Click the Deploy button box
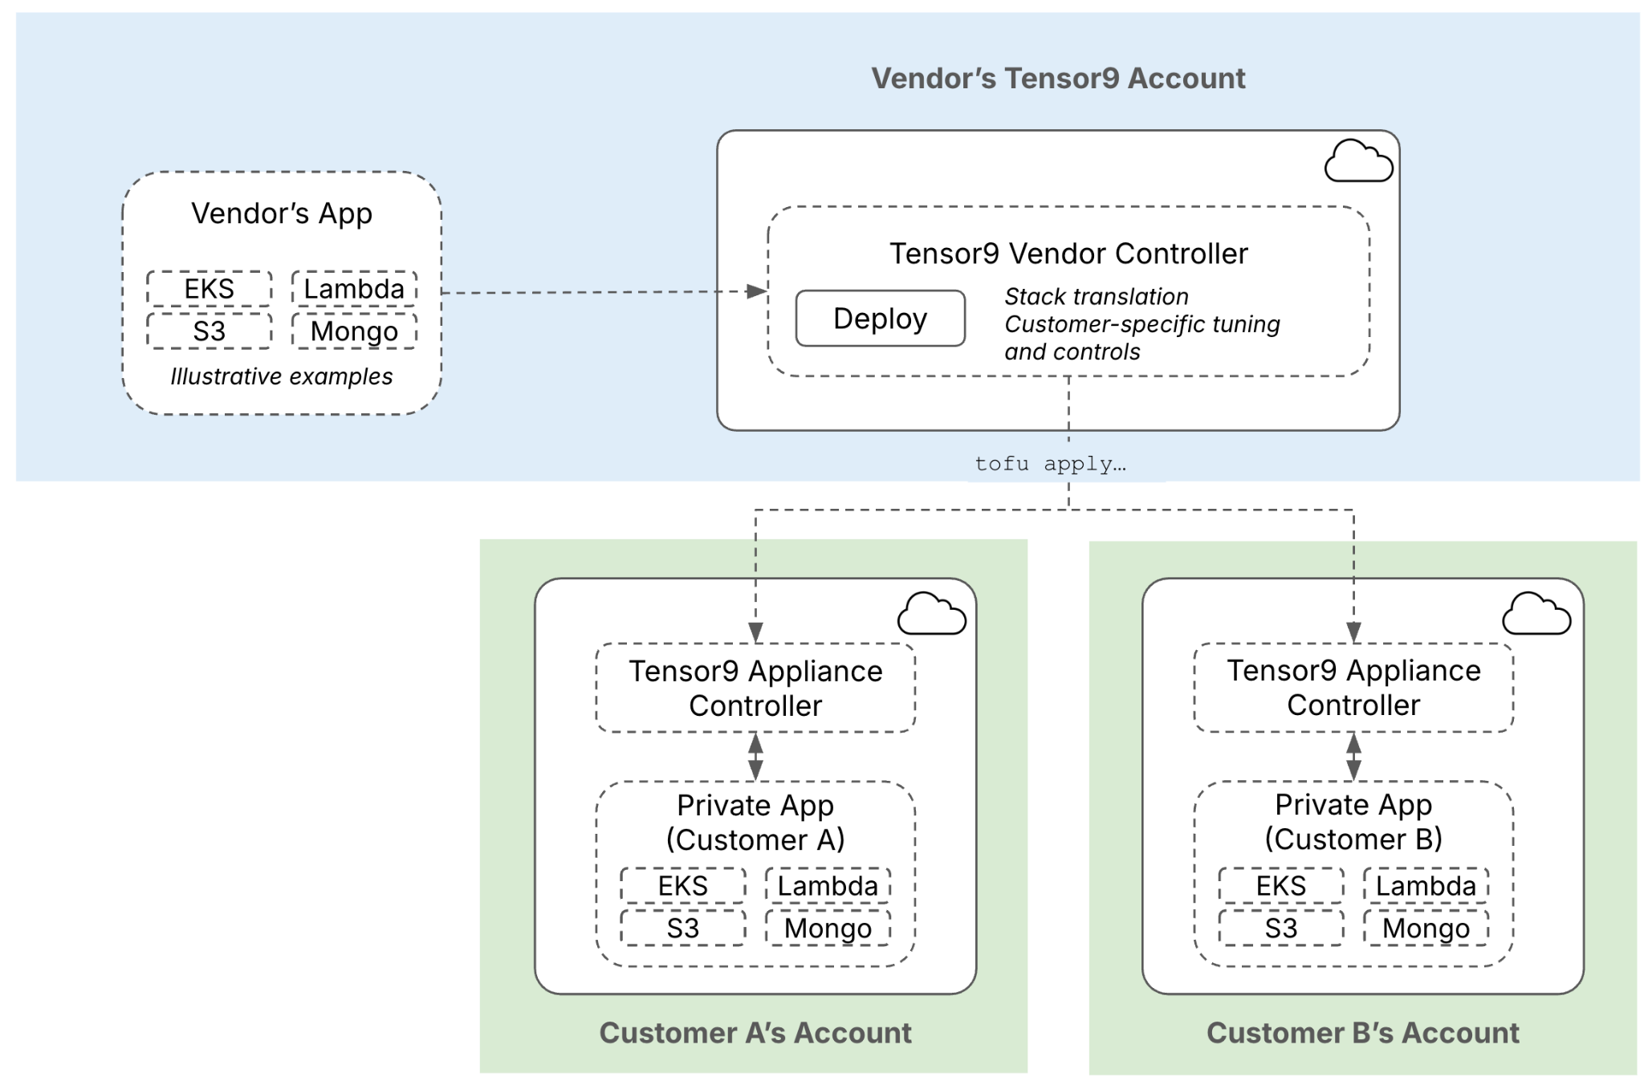coord(880,319)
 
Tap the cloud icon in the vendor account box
coord(1357,161)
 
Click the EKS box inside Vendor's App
coord(209,289)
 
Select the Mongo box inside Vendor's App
coord(354,331)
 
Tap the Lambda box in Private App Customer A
coord(828,885)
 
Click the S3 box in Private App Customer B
coord(1280,928)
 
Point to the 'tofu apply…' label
coord(1049,464)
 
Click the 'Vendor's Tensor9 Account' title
coord(1058,79)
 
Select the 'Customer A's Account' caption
coord(755,1033)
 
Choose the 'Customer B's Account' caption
coord(1362,1033)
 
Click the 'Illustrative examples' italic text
coord(281,376)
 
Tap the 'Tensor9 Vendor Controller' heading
coord(1068,254)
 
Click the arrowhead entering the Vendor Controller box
coord(756,291)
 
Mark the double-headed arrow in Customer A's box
coord(755,757)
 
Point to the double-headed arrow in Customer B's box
coord(1353,757)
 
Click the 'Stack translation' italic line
coord(1096,297)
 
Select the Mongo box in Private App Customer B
coord(1426,928)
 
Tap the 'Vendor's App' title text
coord(281,213)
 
